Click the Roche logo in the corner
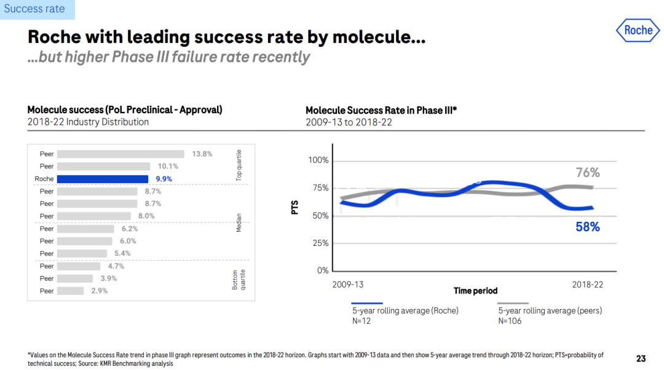click(638, 30)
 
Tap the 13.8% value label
click(202, 154)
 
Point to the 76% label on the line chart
click(588, 173)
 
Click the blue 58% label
click(588, 227)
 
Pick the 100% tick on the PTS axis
click(318, 160)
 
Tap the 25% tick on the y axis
click(320, 243)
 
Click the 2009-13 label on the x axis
click(348, 285)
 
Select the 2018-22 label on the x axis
click(587, 285)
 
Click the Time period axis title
click(475, 291)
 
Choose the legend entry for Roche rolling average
click(405, 310)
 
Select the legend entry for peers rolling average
click(550, 310)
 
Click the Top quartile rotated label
click(239, 165)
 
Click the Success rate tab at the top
click(34, 9)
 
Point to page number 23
click(641, 358)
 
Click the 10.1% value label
click(168, 166)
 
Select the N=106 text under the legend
click(510, 321)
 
